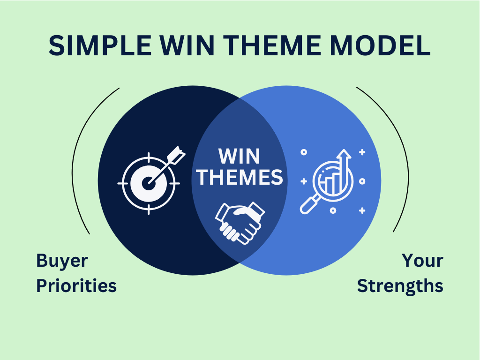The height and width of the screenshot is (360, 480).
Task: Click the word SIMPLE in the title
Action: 100,45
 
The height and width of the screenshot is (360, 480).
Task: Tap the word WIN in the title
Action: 187,45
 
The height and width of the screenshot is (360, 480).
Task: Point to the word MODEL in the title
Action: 380,45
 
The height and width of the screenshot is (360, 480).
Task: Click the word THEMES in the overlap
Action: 240,177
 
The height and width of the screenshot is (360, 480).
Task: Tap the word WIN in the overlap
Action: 240,157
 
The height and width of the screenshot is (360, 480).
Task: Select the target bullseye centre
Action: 149,183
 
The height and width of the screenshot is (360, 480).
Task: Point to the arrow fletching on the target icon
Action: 177,155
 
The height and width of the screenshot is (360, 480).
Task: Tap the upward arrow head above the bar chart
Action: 344,154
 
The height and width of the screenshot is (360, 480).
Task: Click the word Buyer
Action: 62,261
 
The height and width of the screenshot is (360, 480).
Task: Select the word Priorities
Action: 76,285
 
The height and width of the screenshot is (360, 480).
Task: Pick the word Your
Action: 422,261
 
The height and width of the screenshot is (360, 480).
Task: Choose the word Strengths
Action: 400,286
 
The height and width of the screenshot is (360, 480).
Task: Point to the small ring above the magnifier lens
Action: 304,152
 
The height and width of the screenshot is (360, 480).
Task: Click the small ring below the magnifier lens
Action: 333,210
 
